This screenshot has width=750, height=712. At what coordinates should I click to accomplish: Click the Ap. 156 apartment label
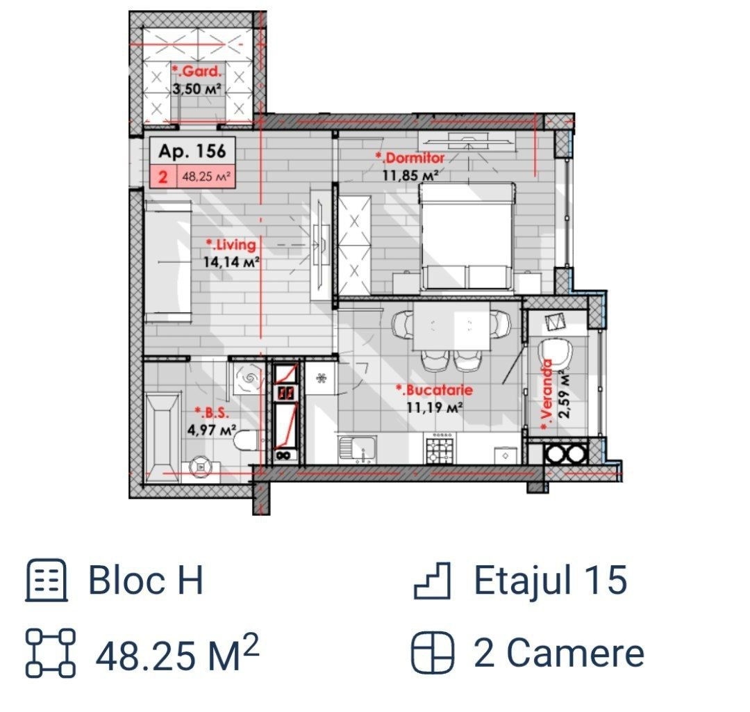click(192, 151)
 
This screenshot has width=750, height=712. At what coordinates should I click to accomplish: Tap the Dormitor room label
click(410, 158)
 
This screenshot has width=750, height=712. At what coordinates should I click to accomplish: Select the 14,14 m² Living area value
click(231, 262)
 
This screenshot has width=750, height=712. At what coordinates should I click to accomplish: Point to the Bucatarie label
click(434, 390)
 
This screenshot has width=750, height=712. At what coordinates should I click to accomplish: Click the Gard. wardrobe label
click(197, 72)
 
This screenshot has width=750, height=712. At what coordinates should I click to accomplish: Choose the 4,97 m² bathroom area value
click(212, 430)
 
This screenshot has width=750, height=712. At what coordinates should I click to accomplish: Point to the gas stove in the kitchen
click(440, 448)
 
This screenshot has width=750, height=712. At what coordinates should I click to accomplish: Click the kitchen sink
click(358, 449)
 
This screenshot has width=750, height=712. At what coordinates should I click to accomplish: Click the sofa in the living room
click(168, 261)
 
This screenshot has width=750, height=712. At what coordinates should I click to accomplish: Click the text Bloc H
click(146, 580)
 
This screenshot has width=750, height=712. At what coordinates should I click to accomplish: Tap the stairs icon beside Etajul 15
click(432, 581)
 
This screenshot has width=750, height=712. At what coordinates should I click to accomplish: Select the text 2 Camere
click(558, 652)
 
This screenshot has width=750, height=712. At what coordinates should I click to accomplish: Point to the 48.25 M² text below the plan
click(177, 652)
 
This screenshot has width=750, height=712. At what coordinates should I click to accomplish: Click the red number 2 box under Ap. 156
click(163, 177)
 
